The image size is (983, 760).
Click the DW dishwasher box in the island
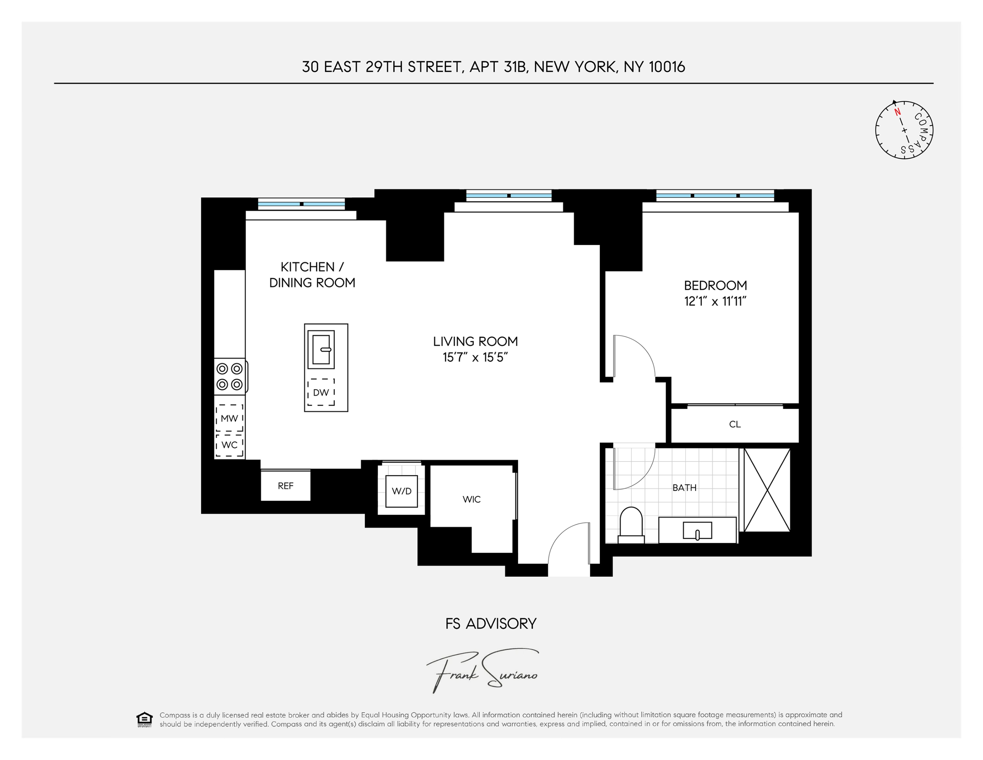pos(321,392)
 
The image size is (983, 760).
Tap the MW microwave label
pos(229,418)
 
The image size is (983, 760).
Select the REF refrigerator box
pos(285,486)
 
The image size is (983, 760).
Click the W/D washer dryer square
pos(402,491)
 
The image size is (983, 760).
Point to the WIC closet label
pos(471,499)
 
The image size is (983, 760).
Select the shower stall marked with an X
pos(767,490)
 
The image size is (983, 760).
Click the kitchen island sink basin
pos(321,349)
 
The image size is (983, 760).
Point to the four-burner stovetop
pos(230,376)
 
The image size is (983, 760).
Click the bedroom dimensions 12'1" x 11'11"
pos(715,301)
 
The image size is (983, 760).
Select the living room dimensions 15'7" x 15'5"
pos(475,357)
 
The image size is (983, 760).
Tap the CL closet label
pos(735,424)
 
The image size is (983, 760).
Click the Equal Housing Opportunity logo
pos(144,720)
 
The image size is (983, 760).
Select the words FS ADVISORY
pos(491,623)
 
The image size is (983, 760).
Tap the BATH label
pos(684,488)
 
